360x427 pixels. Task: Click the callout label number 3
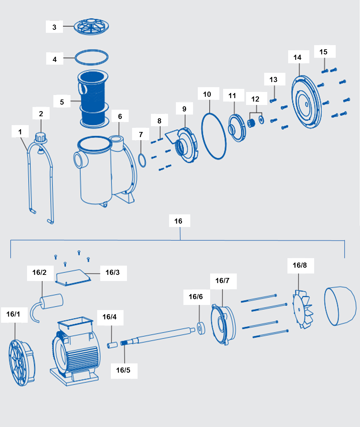tap(54, 27)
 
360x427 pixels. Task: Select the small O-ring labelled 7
tap(142, 160)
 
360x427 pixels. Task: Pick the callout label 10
tap(207, 94)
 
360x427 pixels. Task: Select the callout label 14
tap(297, 57)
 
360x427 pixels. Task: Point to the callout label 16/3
tap(113, 272)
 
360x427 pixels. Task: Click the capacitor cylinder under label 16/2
tap(52, 302)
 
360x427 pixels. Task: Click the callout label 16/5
tap(123, 370)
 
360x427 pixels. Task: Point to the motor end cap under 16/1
tap(21, 363)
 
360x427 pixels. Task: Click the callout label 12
tap(255, 99)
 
